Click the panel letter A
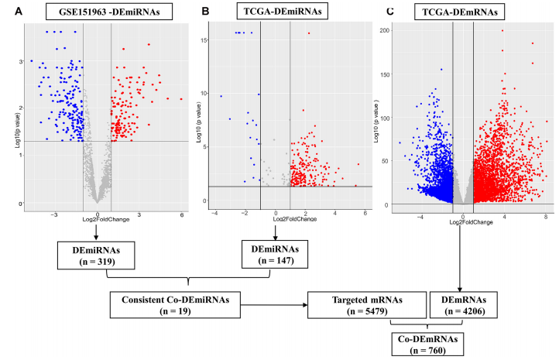tap(9, 12)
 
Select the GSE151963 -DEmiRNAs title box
tap(101, 12)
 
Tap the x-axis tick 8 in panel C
tap(546, 216)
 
